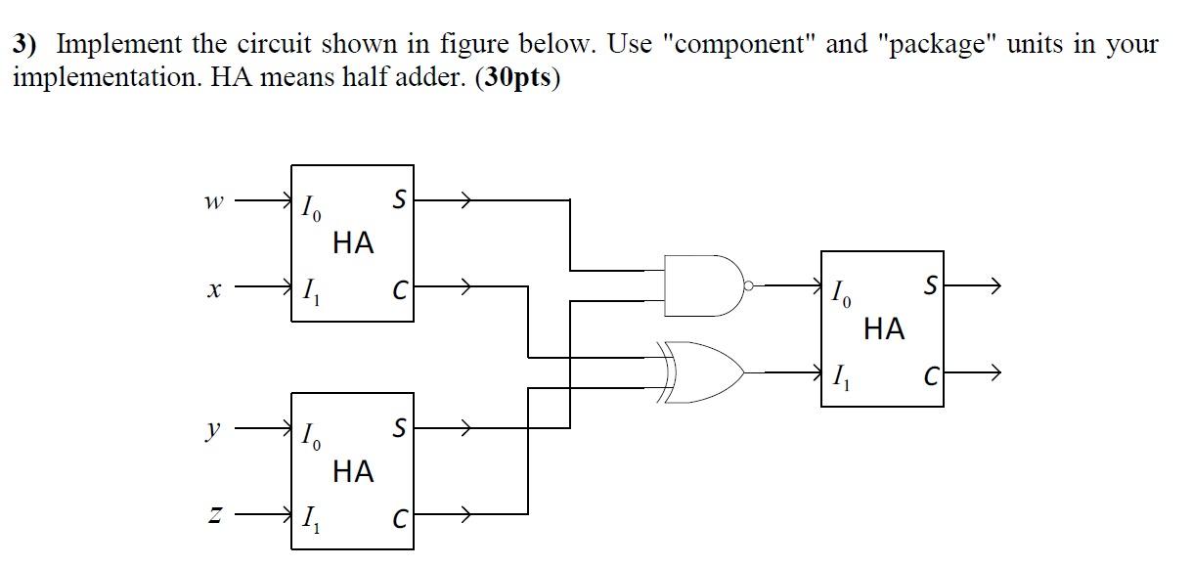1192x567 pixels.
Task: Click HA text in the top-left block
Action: [x=353, y=243]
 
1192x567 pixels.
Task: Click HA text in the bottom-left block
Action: [x=353, y=472]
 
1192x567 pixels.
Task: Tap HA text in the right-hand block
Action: [x=884, y=329]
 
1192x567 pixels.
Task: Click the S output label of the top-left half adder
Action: [x=398, y=200]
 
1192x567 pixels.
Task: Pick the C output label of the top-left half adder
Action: [x=399, y=289]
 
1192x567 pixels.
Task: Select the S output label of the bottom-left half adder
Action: [x=398, y=428]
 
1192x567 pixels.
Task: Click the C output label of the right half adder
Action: [x=931, y=373]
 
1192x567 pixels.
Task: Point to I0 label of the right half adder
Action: [x=840, y=292]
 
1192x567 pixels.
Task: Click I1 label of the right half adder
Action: [x=840, y=376]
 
